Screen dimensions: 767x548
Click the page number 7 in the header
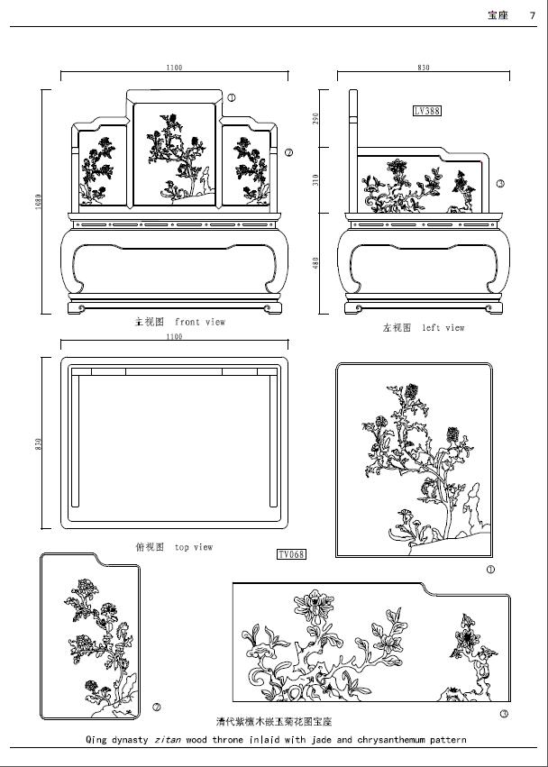[533, 14]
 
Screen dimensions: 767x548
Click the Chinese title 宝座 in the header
[498, 14]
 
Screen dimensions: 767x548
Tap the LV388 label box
[426, 111]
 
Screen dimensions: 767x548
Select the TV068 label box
[291, 553]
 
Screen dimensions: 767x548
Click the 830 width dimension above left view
[424, 68]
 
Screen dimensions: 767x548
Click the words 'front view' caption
[200, 322]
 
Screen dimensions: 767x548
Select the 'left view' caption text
[443, 328]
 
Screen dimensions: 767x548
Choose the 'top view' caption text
[194, 547]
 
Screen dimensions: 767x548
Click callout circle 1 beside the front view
[232, 97]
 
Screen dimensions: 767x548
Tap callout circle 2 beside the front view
[288, 153]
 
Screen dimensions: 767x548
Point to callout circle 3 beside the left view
[500, 184]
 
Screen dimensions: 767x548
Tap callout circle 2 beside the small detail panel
[157, 707]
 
